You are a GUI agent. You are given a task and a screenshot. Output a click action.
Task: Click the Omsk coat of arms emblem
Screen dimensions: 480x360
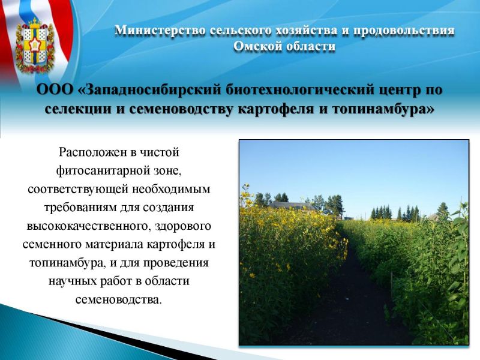click(x=35, y=46)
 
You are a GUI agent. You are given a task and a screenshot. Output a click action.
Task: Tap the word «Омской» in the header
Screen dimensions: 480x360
click(x=257, y=46)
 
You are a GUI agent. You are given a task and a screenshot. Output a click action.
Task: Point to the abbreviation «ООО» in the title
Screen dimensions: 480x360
click(x=55, y=90)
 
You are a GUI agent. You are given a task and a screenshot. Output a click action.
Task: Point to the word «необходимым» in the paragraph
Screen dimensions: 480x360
click(x=172, y=189)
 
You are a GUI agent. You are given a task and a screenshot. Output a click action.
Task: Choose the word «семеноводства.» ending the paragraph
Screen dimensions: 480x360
click(x=118, y=299)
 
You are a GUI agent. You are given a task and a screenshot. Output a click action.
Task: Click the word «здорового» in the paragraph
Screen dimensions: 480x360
click(x=183, y=227)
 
